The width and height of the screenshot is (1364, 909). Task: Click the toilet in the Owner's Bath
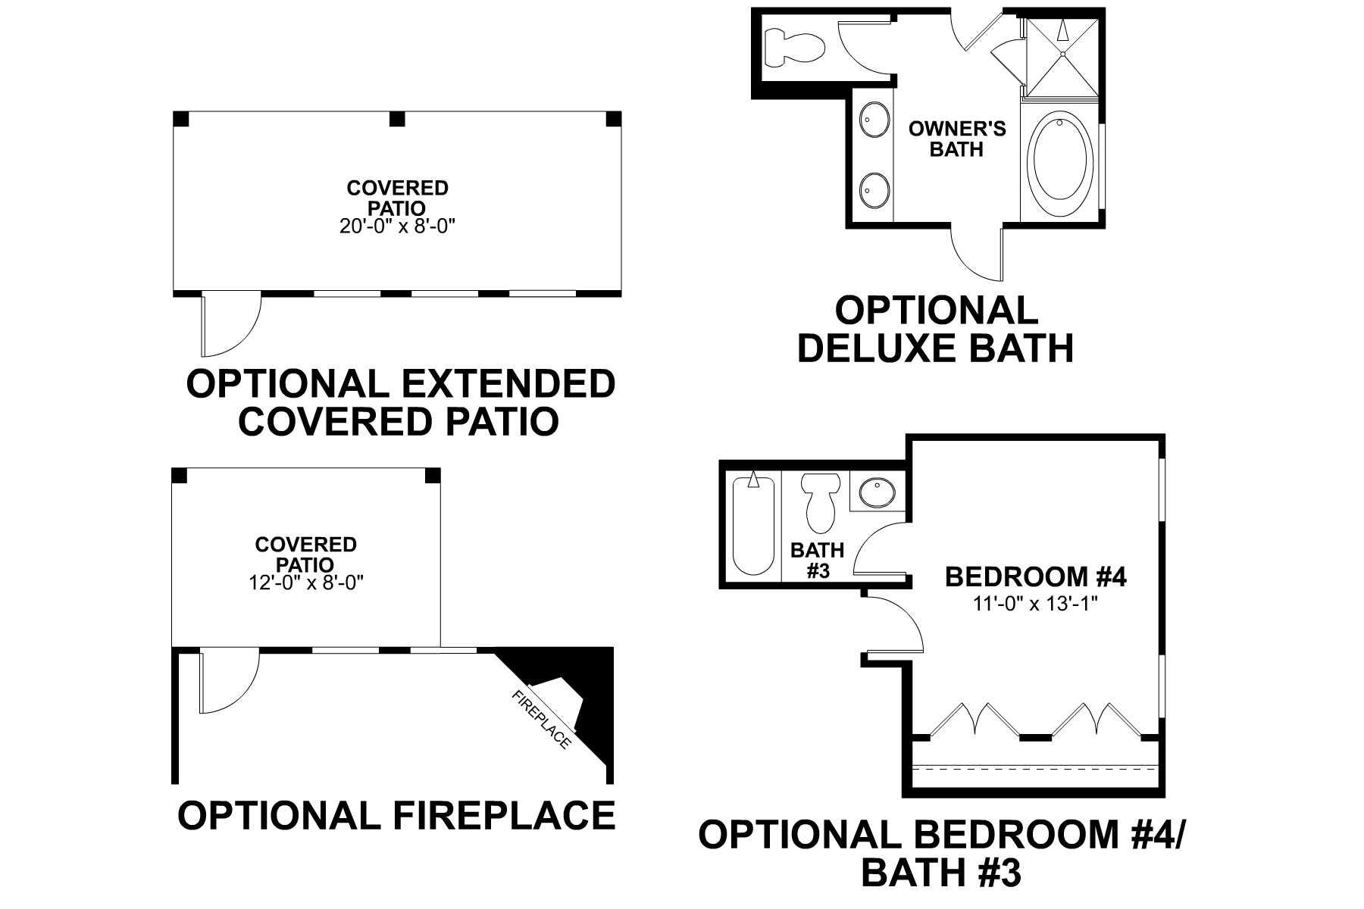click(793, 45)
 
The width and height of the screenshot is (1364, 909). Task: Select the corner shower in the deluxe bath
click(1061, 55)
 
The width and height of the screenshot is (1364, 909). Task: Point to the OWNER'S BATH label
click(957, 139)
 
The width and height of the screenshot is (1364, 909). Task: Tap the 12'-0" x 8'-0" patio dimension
click(305, 583)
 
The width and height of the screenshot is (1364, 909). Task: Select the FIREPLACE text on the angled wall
click(541, 720)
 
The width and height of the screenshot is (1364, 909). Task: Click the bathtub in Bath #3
click(752, 524)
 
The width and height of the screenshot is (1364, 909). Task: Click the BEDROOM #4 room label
click(1035, 577)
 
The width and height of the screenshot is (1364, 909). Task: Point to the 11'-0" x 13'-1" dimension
click(1035, 604)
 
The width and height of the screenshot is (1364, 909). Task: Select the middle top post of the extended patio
click(397, 119)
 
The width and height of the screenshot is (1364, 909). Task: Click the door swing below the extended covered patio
click(230, 326)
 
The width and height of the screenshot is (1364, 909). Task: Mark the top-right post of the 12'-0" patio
click(432, 476)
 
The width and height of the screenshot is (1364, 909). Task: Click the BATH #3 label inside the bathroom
click(818, 560)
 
